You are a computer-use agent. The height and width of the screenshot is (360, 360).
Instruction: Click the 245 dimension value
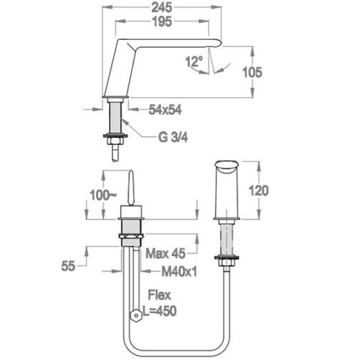click(x=161, y=8)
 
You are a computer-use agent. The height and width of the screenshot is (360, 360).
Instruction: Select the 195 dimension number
click(x=162, y=22)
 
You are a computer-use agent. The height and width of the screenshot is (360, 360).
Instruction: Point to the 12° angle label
click(x=194, y=61)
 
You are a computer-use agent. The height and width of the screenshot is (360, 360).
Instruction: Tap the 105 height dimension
click(x=252, y=72)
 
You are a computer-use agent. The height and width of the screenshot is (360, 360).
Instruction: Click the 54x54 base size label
click(x=165, y=110)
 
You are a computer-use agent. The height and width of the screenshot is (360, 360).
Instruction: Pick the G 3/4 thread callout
click(x=173, y=137)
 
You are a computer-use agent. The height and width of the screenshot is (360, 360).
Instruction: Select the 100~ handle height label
click(x=103, y=195)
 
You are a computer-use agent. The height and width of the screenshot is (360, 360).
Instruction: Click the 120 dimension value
click(x=259, y=191)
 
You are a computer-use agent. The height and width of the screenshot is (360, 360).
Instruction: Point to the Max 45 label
click(x=165, y=253)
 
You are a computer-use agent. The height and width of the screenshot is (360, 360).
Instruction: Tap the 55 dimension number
click(x=68, y=266)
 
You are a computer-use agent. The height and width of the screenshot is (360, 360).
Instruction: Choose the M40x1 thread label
click(x=179, y=272)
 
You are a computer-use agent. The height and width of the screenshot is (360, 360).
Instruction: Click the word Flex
click(x=159, y=295)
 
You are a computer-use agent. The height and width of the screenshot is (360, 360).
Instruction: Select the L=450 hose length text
click(x=159, y=311)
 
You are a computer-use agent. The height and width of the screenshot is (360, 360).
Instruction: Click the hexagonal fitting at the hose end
click(x=136, y=315)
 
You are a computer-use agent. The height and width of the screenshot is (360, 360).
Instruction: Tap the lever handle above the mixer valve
click(x=131, y=187)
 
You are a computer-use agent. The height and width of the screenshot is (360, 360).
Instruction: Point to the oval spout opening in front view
click(x=227, y=165)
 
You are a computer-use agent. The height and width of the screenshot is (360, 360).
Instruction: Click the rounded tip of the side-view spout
click(x=219, y=43)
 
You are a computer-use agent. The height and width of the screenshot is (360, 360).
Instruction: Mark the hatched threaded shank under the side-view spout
click(x=115, y=118)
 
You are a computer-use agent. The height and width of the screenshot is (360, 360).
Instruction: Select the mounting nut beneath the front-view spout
click(x=227, y=261)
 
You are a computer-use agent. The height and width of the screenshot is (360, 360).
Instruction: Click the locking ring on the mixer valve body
click(x=131, y=236)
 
